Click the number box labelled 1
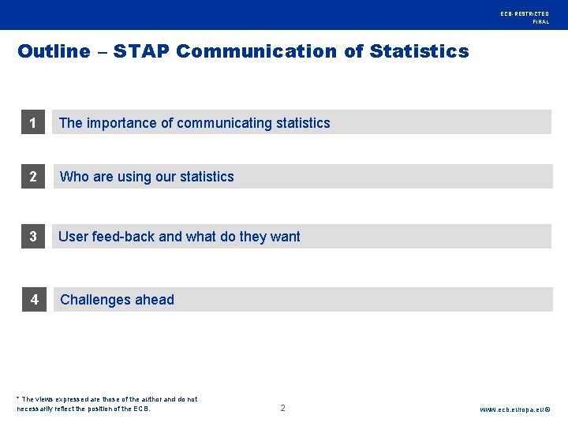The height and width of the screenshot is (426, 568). click(x=32, y=122)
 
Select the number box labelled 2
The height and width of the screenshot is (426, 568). click(x=33, y=177)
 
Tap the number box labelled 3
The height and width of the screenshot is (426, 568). click(x=33, y=237)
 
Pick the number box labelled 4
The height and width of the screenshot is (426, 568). click(x=35, y=300)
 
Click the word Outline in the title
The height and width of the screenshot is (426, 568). click(x=54, y=51)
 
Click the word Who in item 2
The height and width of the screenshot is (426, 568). click(x=75, y=177)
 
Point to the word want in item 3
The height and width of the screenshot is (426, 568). click(x=285, y=237)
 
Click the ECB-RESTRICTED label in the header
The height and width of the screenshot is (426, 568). click(x=524, y=14)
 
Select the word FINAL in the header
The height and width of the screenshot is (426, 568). click(x=541, y=22)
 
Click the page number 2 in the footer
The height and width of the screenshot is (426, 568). click(x=282, y=408)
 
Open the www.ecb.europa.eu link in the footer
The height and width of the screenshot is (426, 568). click(x=515, y=409)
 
